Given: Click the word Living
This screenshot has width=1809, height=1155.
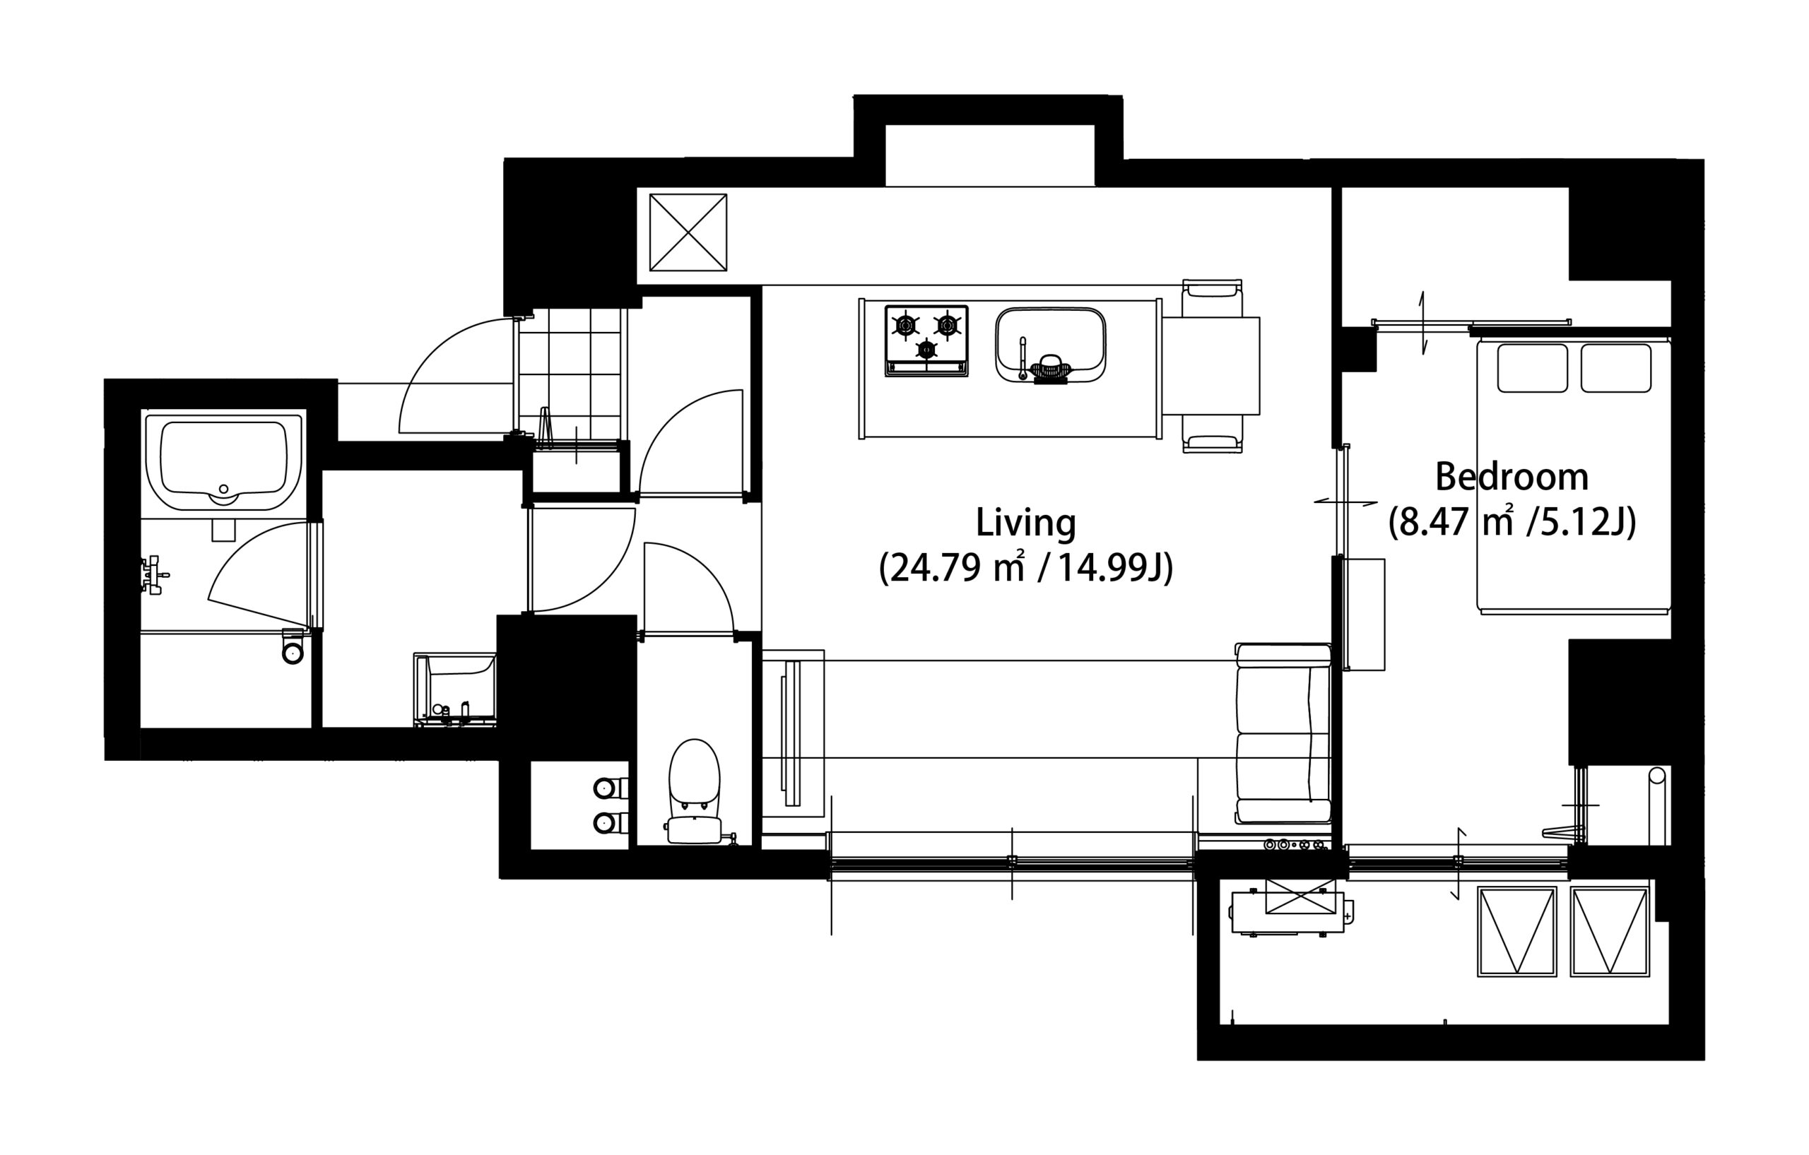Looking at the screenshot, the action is coord(1025,523).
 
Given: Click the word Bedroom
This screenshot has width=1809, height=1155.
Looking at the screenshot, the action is coord(1512,477).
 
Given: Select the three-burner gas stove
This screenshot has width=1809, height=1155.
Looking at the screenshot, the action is coord(926,340).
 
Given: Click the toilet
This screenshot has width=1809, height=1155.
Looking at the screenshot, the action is coord(694,793).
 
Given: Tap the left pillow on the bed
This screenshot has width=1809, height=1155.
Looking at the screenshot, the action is coord(1533,368).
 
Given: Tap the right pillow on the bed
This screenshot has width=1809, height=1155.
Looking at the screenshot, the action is coord(1616,368).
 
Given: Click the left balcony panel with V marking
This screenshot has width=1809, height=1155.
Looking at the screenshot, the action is coord(1516,931).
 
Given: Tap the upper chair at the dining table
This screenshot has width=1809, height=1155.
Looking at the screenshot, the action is coord(1212,299).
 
